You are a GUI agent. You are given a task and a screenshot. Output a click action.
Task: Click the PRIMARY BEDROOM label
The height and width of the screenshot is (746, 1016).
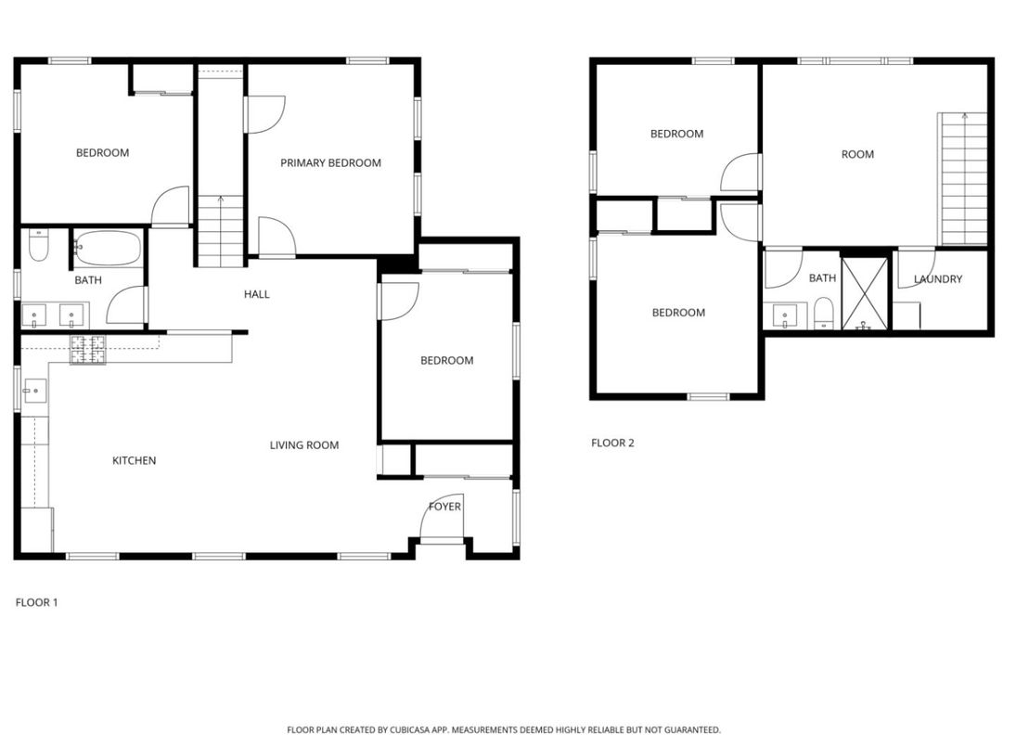330,163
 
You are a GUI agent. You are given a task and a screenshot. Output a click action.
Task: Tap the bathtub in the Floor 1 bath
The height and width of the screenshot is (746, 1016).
107,248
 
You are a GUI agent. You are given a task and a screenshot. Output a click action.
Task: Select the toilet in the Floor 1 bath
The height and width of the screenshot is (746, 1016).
38,246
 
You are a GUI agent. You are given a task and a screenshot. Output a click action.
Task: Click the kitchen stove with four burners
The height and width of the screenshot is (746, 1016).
87,350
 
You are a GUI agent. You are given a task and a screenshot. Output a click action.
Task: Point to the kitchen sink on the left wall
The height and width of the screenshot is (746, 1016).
33,391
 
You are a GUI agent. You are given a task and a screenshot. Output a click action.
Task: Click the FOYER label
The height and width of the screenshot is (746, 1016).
444,507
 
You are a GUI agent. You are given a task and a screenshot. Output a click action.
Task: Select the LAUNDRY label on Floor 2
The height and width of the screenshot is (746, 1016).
937,279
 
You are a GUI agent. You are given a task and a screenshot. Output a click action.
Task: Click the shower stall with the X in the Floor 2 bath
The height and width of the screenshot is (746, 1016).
864,294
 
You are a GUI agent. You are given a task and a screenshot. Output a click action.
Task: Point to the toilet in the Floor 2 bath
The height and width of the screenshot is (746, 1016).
823,314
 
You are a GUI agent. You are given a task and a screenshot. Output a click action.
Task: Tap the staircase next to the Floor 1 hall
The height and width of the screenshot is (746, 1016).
220,232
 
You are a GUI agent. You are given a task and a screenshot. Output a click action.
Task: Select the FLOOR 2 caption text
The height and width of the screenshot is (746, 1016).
612,444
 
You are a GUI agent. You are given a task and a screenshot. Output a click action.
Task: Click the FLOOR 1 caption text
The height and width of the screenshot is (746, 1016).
36,603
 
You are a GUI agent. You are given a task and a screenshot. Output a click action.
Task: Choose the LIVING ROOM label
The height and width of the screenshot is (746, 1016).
303,445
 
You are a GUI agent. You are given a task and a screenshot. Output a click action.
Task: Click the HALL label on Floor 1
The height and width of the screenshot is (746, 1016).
256,295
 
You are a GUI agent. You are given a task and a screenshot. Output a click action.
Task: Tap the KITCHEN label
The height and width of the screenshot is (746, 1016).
134,461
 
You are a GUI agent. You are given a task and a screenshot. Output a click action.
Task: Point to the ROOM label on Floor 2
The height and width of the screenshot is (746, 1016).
856,155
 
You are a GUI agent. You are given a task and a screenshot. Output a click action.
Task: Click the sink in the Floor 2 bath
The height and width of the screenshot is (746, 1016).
788,315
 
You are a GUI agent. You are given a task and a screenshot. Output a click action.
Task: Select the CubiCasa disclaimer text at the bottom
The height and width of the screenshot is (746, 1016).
503,730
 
